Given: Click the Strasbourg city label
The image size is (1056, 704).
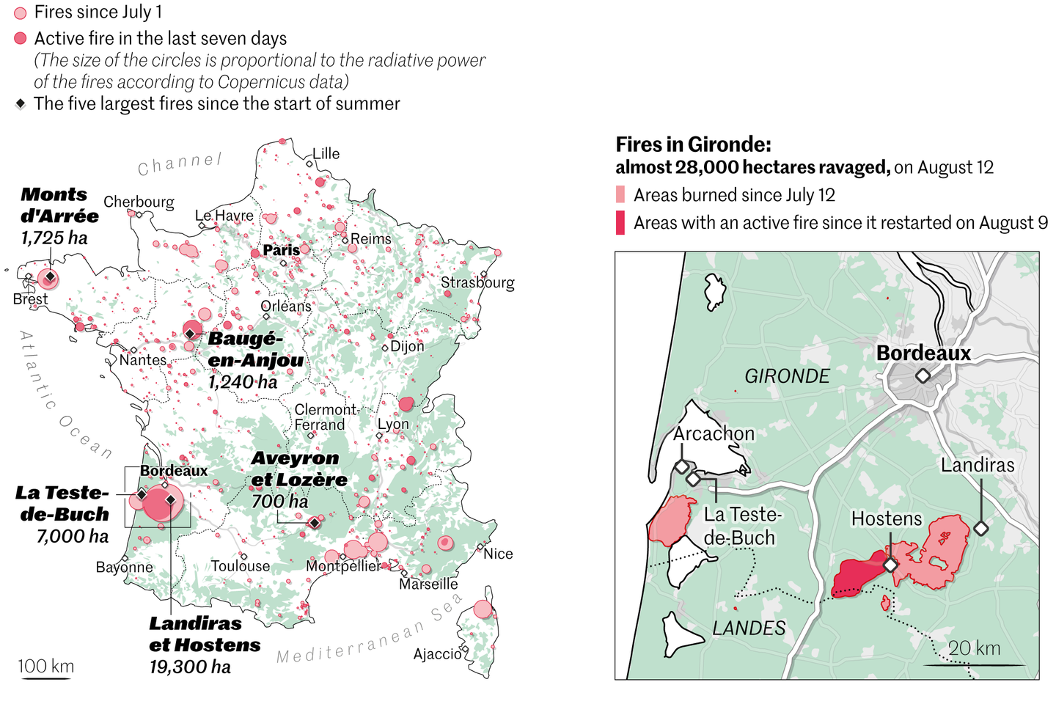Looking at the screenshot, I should click(477, 282).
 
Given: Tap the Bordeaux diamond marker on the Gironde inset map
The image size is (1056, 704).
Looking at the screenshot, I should click(923, 376).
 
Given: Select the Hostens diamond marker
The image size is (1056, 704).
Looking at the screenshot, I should click(890, 565).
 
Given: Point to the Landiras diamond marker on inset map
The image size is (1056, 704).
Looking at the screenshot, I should click(980, 527).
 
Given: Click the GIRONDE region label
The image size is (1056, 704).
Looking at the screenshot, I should click(787, 376).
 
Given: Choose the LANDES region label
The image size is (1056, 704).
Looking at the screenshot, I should click(749, 628).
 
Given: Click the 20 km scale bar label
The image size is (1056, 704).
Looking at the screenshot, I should click(974, 648).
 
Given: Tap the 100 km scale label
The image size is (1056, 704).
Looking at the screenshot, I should click(45, 666).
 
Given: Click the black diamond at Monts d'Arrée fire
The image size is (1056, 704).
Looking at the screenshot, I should click(49, 277).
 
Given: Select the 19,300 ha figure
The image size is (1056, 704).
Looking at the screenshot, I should click(190, 667).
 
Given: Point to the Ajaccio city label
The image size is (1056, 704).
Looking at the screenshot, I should click(437, 653).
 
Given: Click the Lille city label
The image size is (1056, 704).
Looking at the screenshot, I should click(326, 153).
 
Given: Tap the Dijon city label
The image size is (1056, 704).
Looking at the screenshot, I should click(407, 346).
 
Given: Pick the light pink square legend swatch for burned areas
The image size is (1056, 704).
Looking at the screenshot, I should click(620, 195).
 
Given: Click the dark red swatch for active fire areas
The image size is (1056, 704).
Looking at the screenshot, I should click(620, 223).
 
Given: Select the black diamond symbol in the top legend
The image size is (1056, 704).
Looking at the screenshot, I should click(21, 104).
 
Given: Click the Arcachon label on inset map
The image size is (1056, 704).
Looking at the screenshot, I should click(714, 433).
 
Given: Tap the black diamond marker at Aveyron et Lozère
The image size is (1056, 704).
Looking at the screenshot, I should click(314, 523).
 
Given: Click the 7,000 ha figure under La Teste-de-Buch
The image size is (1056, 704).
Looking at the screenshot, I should click(73, 536).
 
